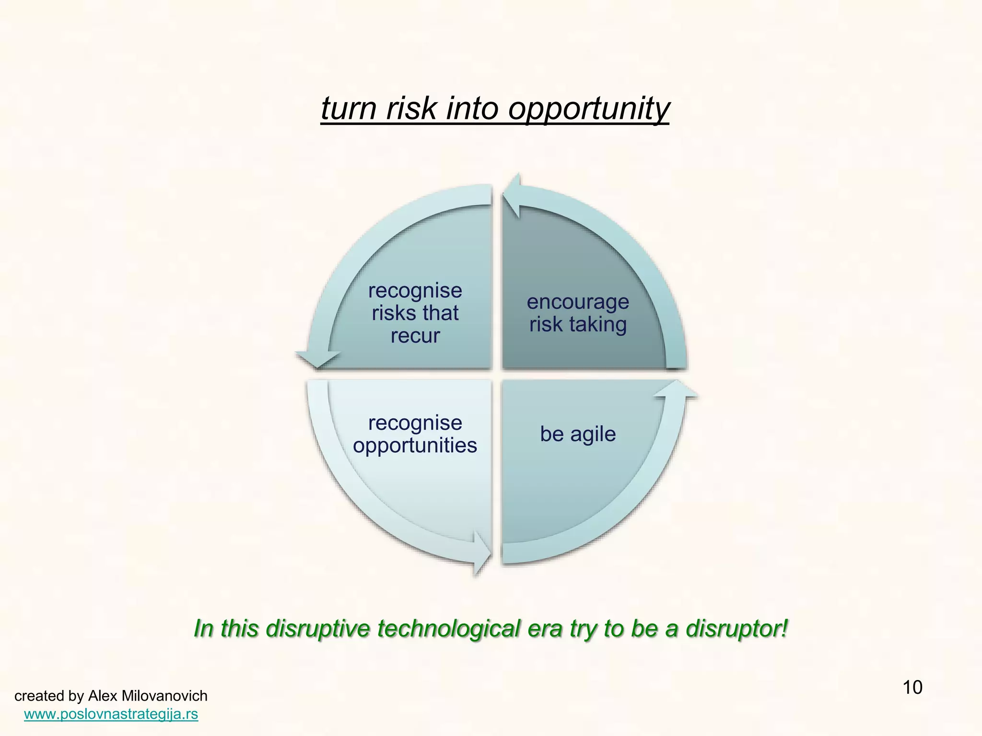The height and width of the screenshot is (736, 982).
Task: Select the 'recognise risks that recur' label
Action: click(415, 313)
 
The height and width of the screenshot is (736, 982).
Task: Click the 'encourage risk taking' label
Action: click(578, 313)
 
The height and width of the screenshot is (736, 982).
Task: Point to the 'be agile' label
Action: click(578, 434)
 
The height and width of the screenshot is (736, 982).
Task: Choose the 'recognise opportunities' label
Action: click(415, 434)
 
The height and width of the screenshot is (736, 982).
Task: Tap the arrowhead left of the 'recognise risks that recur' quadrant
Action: click(317, 358)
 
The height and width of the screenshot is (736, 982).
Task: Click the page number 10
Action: click(912, 688)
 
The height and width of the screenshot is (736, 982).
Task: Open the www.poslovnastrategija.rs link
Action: click(111, 714)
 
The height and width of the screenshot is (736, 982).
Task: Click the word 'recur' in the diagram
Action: click(415, 335)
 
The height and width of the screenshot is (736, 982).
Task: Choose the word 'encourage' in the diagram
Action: click(578, 302)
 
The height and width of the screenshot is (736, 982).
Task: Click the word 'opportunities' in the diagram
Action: click(415, 446)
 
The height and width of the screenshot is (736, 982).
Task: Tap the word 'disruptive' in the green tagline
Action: click(317, 629)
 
